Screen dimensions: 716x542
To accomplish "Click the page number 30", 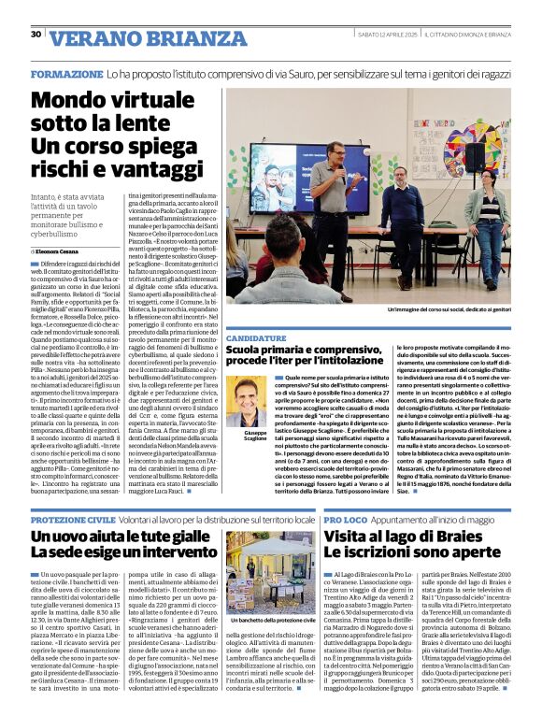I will pyautogui.click(x=36, y=35).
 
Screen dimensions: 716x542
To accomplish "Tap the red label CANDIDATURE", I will pyautogui.click(x=256, y=337).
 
